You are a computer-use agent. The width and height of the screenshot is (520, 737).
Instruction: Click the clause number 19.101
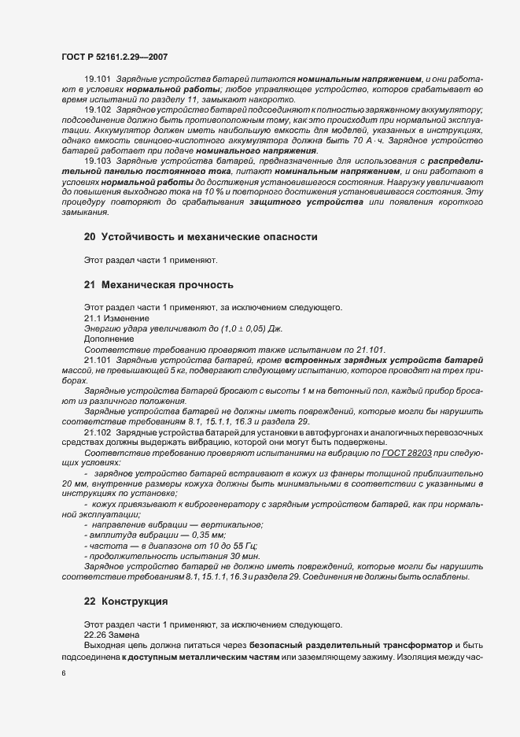click(x=98, y=81)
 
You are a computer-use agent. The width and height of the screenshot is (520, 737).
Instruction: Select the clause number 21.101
click(x=98, y=360)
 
